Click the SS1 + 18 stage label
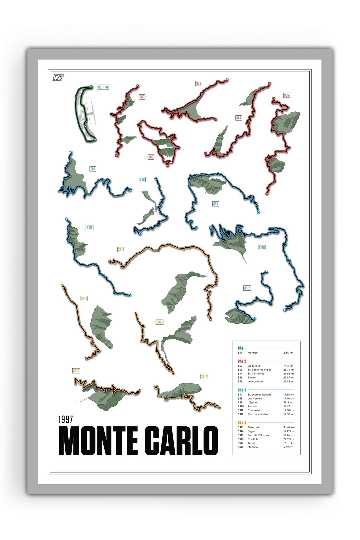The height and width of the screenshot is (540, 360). click(x=103, y=87)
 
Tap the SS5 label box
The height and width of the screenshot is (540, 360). click(x=286, y=95)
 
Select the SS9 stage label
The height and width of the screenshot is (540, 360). click(x=216, y=204)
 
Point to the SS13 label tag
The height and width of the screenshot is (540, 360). click(x=121, y=249)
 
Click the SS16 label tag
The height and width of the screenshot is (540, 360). click(x=76, y=371)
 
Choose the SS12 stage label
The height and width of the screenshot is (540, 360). click(x=247, y=288)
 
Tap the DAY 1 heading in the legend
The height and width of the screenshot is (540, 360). click(x=242, y=348)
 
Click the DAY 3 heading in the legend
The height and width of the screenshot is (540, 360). click(x=242, y=390)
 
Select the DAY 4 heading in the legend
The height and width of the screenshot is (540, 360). click(x=242, y=423)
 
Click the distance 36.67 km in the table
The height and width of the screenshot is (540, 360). click(x=289, y=427)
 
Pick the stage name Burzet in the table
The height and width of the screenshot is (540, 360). click(x=252, y=378)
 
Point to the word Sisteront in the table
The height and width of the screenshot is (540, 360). click(x=253, y=427)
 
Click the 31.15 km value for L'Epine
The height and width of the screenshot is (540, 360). click(x=289, y=402)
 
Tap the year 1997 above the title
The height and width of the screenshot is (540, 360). click(x=65, y=419)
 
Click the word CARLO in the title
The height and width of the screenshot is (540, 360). click(x=183, y=441)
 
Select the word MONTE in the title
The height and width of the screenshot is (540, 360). click(x=98, y=441)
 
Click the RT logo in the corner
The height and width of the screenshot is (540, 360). click(x=58, y=77)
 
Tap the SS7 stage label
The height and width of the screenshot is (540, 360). click(x=93, y=169)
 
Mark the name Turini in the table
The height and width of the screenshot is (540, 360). click(x=251, y=443)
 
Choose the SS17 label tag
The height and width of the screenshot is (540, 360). click(x=204, y=376)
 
